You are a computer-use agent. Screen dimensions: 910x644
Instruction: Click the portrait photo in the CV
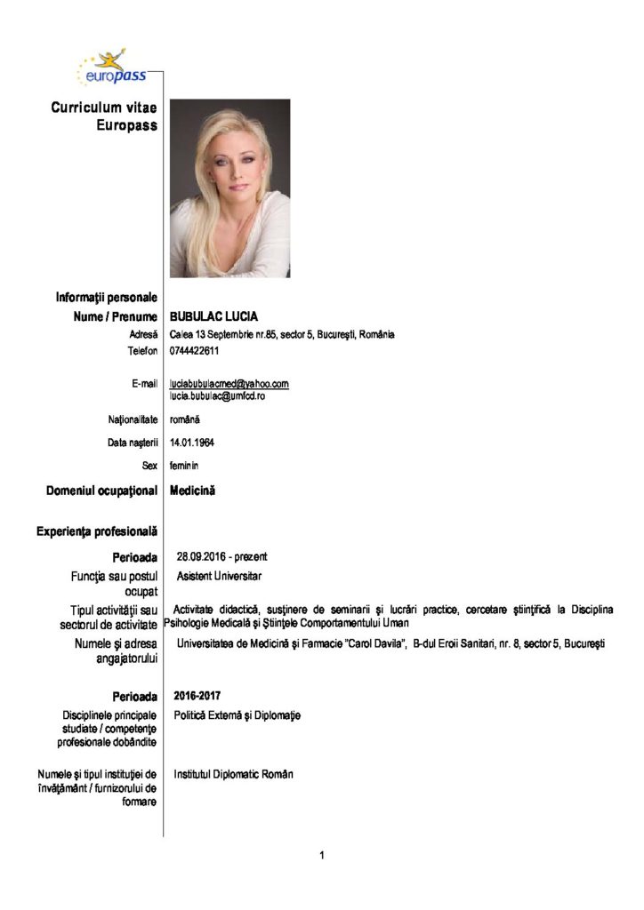[229, 188]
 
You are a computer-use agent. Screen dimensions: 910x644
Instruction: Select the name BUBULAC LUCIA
[213, 317]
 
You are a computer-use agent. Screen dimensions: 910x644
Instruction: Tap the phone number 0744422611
[195, 350]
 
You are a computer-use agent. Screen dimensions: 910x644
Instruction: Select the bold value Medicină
[193, 490]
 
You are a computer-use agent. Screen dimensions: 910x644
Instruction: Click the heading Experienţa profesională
[97, 531]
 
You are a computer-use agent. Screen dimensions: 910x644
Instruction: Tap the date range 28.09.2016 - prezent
[222, 556]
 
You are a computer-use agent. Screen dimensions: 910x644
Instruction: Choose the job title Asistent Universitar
[219, 576]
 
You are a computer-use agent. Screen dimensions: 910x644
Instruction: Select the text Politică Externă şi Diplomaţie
[237, 714]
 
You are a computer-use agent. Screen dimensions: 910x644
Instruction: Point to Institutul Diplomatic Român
[233, 774]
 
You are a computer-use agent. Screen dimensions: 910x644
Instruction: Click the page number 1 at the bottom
[321, 856]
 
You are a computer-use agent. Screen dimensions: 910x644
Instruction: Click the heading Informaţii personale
[107, 297]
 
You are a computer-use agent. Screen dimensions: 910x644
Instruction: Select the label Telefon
[142, 350]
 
